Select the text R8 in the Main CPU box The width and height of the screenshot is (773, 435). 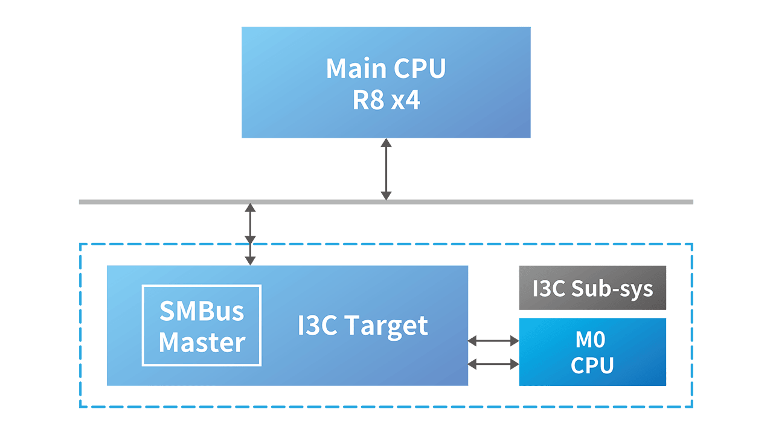click(368, 101)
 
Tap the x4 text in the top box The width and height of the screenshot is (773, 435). click(405, 101)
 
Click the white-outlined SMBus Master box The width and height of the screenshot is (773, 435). click(202, 325)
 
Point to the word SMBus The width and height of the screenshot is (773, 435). click(202, 311)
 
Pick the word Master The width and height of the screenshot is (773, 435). click(202, 343)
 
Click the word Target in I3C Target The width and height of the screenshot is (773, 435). click(387, 326)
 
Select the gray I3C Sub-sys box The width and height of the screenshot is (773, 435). click(592, 288)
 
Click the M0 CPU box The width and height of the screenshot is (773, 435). click(592, 352)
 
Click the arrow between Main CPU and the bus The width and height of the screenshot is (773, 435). click(386, 169)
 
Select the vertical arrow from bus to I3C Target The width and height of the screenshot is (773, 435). click(250, 234)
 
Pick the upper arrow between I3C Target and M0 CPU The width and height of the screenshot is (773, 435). click(493, 341)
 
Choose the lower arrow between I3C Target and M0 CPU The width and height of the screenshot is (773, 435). click(493, 364)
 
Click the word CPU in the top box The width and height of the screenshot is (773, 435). click(420, 68)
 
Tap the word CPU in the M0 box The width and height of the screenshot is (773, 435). click(592, 365)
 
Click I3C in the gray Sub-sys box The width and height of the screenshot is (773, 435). click(548, 288)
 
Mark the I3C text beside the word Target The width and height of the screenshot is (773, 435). click(318, 326)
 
